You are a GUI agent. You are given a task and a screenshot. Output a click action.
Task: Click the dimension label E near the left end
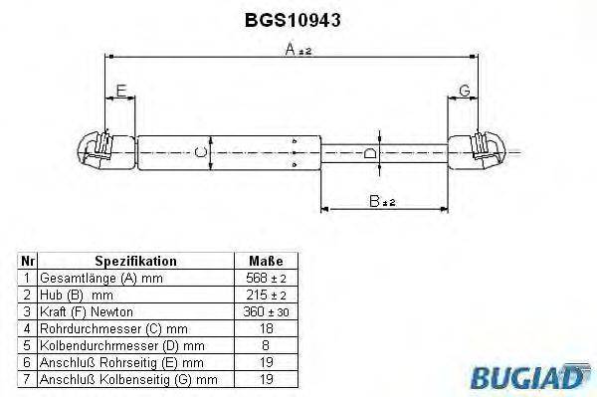pyautogui.click(x=120, y=92)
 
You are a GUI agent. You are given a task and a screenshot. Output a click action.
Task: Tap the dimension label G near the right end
pyautogui.click(x=464, y=92)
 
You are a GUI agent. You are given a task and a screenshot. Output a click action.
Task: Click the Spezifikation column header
pyautogui.click(x=135, y=261)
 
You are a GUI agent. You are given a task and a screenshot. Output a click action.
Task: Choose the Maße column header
pyautogui.click(x=264, y=261)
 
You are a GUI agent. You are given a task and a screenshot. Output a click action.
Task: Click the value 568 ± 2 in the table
pyautogui.click(x=265, y=278)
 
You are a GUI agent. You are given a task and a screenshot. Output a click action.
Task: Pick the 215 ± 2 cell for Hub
pyautogui.click(x=265, y=295)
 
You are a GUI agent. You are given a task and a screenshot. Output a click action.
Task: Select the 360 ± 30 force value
pyautogui.click(x=265, y=311)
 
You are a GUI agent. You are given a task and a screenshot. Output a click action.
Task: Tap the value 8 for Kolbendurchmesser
pyautogui.click(x=265, y=345)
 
